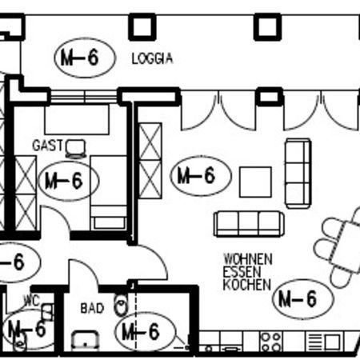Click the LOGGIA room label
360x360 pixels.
pyautogui.click(x=152, y=58)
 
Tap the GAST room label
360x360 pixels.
pyautogui.click(x=48, y=146)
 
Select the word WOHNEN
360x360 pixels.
pyautogui.click(x=248, y=259)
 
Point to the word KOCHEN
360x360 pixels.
pyautogui.click(x=247, y=285)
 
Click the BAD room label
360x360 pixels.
pyautogui.click(x=92, y=309)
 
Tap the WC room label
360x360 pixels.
pyautogui.click(x=32, y=301)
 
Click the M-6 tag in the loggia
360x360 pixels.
pyautogui.click(x=85, y=58)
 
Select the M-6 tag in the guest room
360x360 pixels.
pyautogui.click(x=69, y=181)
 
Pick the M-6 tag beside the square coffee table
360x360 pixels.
pyautogui.click(x=201, y=176)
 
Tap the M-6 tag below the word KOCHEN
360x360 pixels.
pyautogui.click(x=303, y=299)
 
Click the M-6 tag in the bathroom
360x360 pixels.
pyautogui.click(x=146, y=332)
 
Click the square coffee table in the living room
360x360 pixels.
pyautogui.click(x=255, y=182)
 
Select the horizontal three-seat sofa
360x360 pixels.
pyautogui.click(x=249, y=224)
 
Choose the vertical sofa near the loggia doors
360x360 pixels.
pyautogui.click(x=298, y=174)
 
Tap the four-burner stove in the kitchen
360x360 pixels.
pyautogui.click(x=271, y=342)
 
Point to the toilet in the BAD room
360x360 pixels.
pyautogui.click(x=121, y=305)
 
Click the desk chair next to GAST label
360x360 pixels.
pyautogui.click(x=76, y=149)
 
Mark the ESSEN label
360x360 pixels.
pyautogui.click(x=242, y=272)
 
